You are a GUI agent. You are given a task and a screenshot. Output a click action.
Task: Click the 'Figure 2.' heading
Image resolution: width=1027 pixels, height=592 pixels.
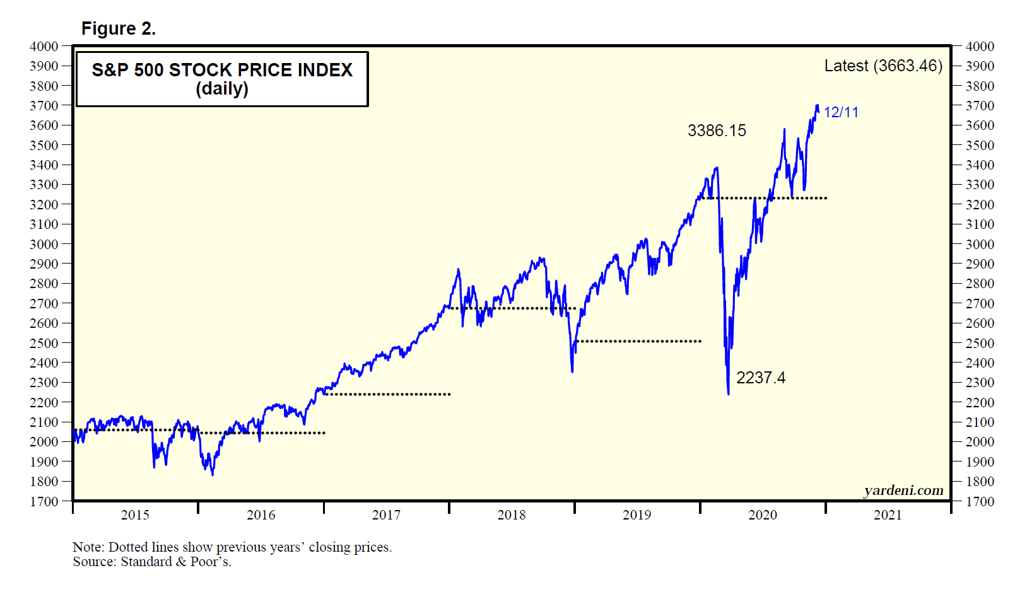118,29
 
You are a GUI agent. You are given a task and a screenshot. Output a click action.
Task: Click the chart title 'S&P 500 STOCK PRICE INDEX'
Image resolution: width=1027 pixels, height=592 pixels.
222,70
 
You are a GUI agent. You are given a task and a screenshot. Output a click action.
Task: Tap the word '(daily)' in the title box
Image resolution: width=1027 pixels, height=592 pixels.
222,89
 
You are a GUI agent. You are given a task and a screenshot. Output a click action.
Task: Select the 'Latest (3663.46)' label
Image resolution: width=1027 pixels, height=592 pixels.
883,66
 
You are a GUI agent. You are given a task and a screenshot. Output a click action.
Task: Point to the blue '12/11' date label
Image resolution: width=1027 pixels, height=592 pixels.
841,112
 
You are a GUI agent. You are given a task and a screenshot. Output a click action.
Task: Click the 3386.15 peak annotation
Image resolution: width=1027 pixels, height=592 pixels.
717,131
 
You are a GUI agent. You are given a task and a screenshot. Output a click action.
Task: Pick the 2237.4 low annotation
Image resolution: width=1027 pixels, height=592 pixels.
761,378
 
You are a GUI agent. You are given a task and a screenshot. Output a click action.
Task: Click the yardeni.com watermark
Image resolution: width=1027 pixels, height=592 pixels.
903,490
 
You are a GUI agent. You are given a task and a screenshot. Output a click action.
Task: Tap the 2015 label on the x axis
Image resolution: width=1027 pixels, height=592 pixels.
135,515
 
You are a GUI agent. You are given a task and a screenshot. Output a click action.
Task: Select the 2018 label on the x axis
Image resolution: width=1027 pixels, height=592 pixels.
511,515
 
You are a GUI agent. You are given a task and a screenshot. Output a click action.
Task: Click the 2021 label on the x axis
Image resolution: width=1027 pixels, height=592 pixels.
888,515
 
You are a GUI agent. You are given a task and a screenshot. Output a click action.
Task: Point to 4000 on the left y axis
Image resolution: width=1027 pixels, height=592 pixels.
44,47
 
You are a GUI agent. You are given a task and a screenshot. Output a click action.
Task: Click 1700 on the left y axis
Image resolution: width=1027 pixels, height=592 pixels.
44,502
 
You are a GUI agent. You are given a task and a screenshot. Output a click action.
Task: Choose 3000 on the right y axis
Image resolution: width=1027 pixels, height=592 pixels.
980,245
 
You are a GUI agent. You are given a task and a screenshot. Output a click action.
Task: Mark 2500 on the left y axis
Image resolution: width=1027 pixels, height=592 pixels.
44,343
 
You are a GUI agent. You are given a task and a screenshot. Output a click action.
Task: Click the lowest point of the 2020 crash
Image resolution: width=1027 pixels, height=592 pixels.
728,394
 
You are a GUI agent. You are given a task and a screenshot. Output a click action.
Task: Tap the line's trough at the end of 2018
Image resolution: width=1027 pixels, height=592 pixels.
572,371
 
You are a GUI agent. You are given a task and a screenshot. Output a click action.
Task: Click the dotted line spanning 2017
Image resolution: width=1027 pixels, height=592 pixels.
387,394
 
